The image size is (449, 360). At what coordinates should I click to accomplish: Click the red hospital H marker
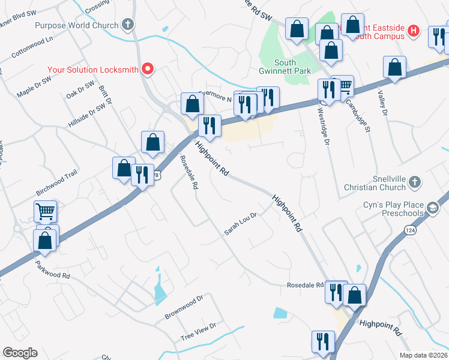[x=413, y=30]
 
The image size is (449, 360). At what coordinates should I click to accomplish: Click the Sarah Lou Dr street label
[x=241, y=224]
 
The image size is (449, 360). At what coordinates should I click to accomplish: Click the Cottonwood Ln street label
[x=32, y=47]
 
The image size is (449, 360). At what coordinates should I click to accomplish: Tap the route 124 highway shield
[x=410, y=230]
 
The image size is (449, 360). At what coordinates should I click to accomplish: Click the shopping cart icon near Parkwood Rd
[x=45, y=211]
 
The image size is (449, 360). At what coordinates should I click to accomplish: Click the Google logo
[x=20, y=353]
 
